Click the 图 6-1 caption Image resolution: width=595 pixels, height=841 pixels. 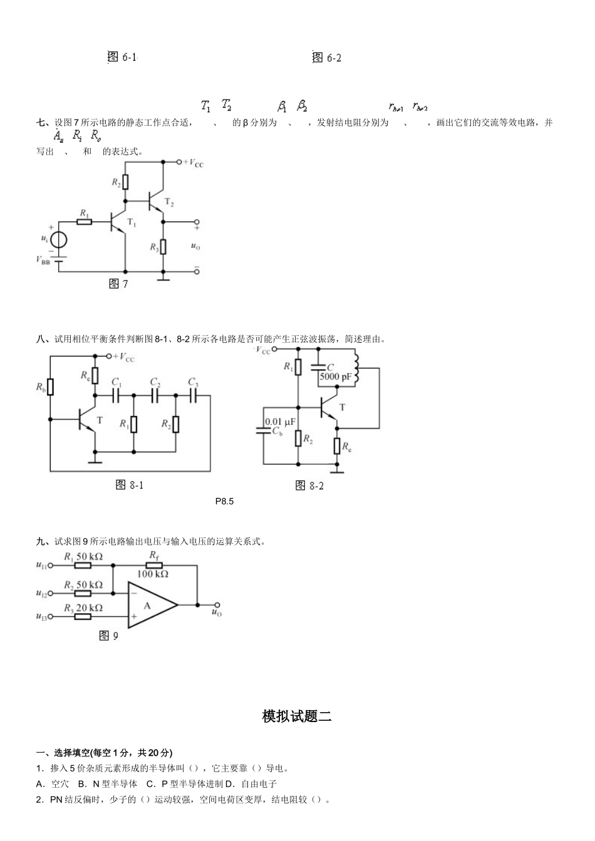click(x=122, y=58)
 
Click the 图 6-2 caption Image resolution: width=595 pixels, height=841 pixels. click(x=327, y=58)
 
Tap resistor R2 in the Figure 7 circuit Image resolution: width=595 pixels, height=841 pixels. click(x=126, y=182)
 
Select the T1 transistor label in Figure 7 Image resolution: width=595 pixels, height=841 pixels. click(x=132, y=223)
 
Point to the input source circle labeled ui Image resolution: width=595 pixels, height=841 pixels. click(x=59, y=240)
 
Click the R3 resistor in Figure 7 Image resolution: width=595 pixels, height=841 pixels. click(x=163, y=247)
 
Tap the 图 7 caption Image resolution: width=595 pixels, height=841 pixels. click(x=118, y=284)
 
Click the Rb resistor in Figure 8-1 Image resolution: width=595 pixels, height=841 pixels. click(x=50, y=387)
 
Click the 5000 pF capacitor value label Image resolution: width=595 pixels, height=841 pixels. click(x=336, y=377)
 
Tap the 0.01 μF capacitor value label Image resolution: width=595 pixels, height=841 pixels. click(x=280, y=422)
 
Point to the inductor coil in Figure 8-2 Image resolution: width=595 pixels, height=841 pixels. click(x=357, y=371)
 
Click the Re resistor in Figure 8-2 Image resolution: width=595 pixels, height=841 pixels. click(x=337, y=446)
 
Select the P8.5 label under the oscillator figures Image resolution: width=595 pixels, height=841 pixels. click(x=224, y=501)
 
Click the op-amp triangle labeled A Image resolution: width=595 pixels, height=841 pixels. click(x=150, y=605)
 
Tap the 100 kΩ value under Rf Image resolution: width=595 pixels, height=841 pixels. click(x=153, y=574)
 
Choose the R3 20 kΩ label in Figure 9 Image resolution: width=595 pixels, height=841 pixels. click(x=83, y=608)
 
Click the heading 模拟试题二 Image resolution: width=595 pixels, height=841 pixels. click(x=297, y=716)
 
